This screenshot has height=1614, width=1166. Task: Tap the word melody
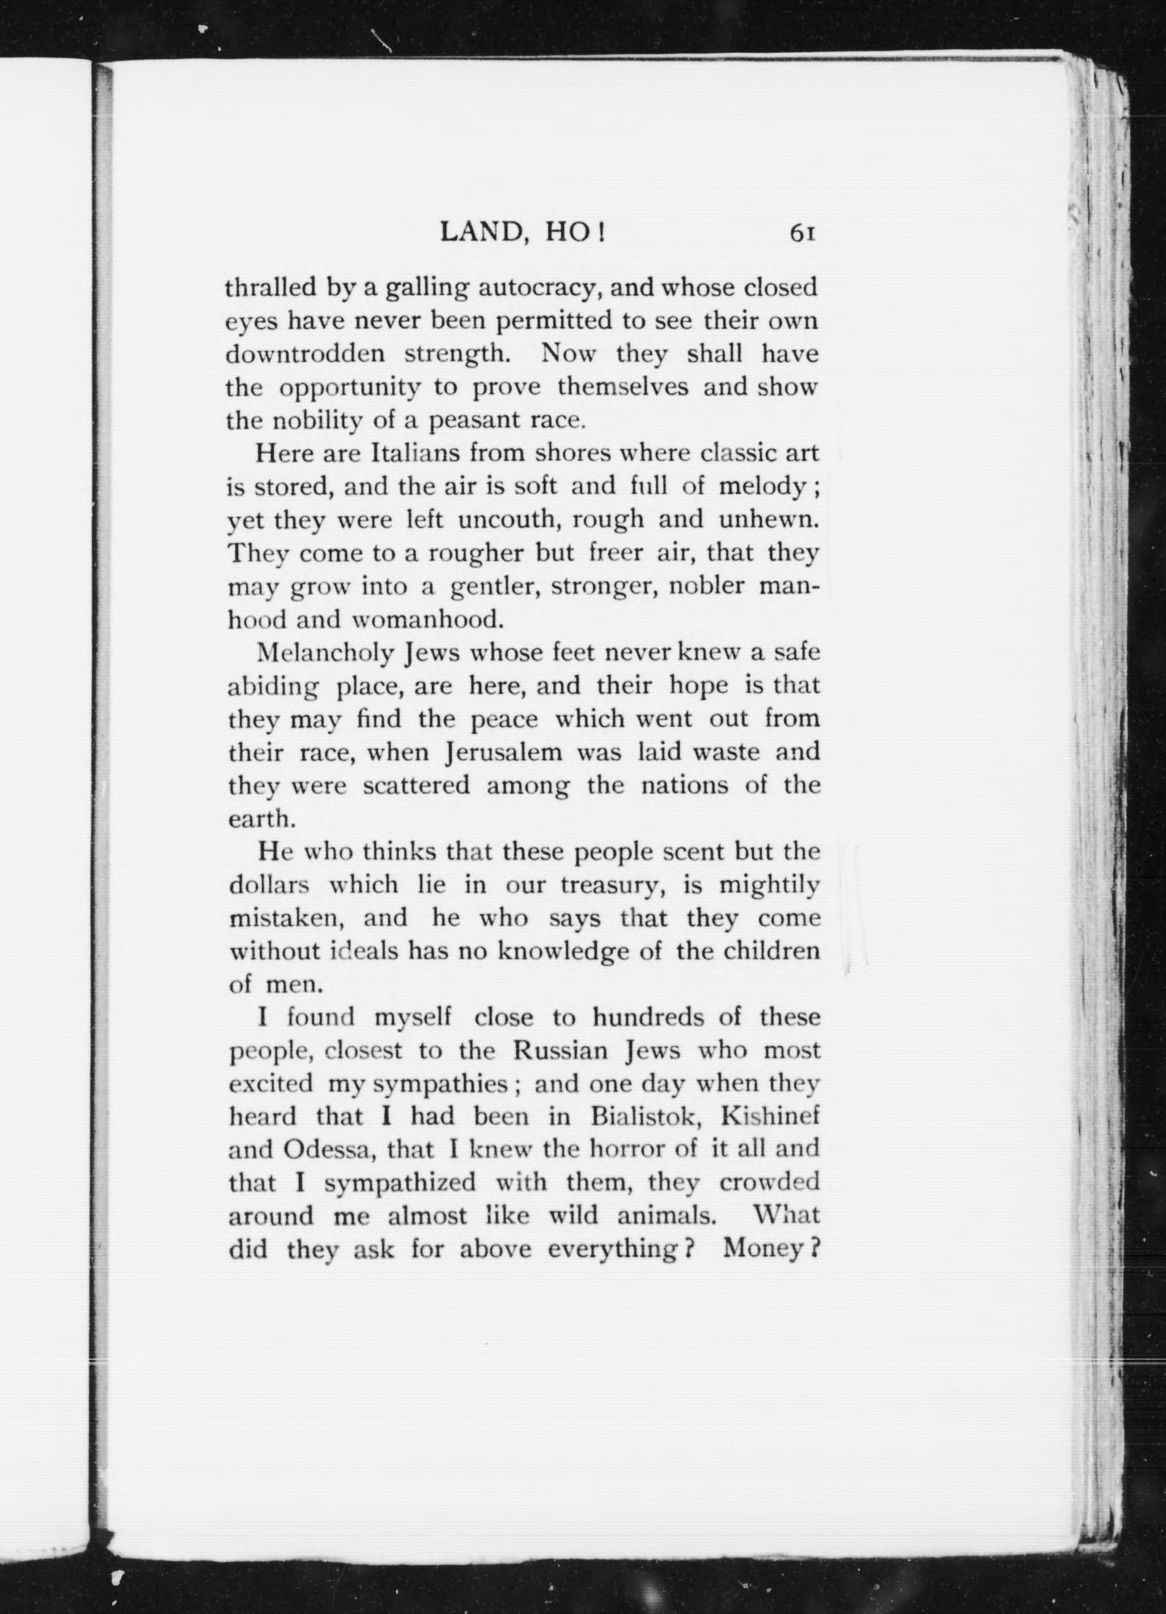[x=762, y=486]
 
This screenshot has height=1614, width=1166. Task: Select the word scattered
[x=417, y=786]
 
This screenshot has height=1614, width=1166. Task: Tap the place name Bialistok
[x=647, y=1117]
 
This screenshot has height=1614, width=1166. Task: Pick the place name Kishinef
[x=770, y=1117]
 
